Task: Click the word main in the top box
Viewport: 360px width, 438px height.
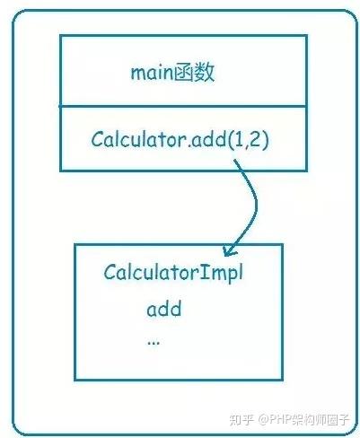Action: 152,73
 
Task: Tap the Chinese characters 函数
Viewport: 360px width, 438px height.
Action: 194,73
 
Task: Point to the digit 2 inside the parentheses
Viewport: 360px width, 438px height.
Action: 254,139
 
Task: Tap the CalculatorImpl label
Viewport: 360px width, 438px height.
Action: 173,273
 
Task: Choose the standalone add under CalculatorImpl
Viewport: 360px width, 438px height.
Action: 164,309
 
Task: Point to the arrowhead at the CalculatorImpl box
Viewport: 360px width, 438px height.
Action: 229,250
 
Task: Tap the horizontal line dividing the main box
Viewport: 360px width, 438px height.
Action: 183,106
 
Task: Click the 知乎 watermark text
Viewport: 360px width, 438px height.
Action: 241,420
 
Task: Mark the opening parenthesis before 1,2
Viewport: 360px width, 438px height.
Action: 231,140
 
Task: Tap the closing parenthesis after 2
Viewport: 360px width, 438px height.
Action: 265,140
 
